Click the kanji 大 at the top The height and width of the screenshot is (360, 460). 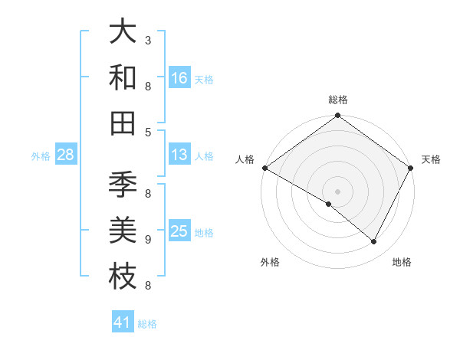tap(123, 31)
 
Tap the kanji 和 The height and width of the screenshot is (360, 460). tap(123, 77)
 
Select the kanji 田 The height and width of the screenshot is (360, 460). tap(123, 123)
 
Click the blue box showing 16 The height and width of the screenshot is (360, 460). tap(179, 78)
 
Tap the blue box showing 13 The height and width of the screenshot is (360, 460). tap(179, 155)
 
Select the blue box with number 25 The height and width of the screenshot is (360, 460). tap(179, 232)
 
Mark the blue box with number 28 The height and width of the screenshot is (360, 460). tap(66, 155)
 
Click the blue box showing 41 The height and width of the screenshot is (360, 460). tap(123, 323)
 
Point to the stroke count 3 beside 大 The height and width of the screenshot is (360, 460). tap(148, 39)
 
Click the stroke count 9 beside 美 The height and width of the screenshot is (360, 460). tap(148, 240)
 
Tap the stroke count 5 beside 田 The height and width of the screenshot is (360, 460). tap(148, 132)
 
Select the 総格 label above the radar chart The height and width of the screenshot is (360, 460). tap(337, 100)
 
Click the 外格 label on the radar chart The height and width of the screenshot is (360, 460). tap(270, 263)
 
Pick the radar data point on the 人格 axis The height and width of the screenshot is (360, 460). tap(264, 168)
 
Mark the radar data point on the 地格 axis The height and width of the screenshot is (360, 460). tap(374, 242)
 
